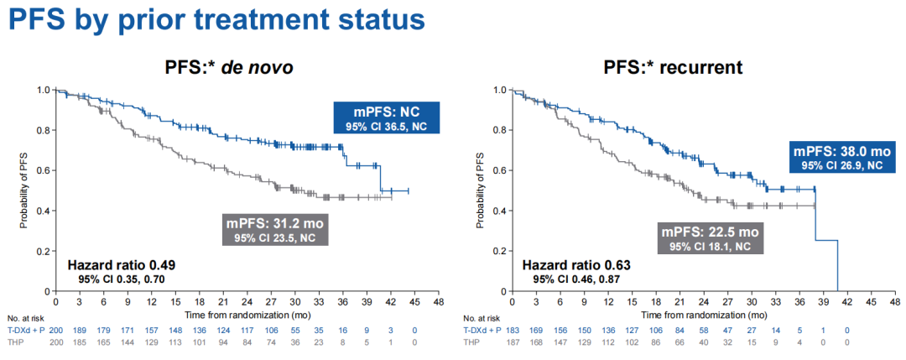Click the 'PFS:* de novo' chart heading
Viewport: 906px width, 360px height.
coord(228,68)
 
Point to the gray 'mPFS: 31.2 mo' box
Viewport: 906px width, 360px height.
coord(274,229)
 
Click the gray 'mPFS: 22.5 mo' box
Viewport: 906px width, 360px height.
coord(711,238)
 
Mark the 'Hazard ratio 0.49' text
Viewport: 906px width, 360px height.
coord(122,265)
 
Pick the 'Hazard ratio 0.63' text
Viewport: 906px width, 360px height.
coord(575,265)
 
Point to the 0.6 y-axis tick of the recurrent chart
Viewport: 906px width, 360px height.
coord(500,170)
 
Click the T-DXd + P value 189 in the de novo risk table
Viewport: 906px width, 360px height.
coord(80,332)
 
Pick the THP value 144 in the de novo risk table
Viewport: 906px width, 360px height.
coord(128,343)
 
